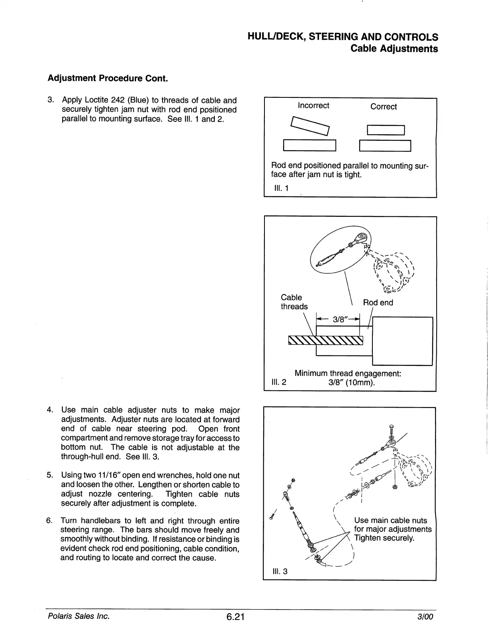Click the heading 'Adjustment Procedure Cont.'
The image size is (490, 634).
[x=107, y=78]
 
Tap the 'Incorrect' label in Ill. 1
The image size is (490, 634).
[x=313, y=105]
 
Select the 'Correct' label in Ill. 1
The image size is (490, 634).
[x=383, y=107]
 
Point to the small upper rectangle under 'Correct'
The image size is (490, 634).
[x=386, y=130]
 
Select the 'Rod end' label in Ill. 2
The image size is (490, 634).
[x=378, y=303]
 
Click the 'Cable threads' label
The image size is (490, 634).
[x=294, y=302]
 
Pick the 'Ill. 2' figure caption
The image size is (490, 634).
[x=279, y=382]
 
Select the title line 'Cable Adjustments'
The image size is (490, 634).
[x=394, y=49]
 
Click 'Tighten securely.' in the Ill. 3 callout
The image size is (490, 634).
[x=384, y=538]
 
